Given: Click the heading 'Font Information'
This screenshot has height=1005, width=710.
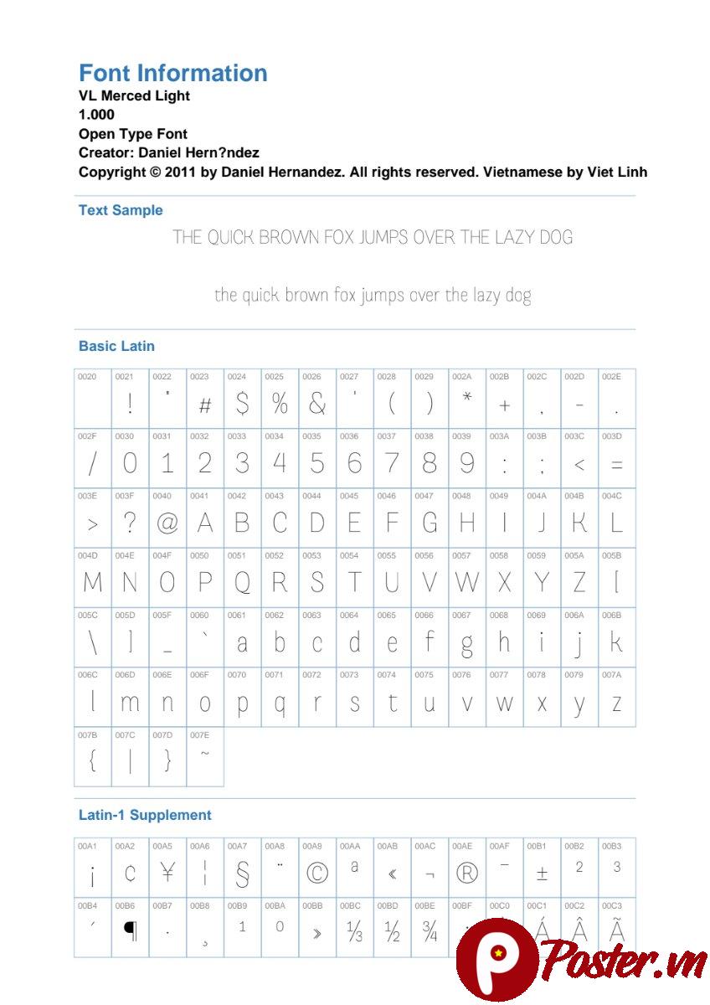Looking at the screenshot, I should click(172, 74).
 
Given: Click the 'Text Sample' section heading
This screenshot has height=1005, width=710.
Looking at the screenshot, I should click(121, 210).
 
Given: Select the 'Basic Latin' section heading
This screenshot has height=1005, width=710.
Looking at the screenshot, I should click(116, 346).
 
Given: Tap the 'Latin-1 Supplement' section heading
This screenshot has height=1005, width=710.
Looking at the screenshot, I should click(145, 815).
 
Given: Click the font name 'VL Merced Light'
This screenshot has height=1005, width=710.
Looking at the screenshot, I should click(134, 95).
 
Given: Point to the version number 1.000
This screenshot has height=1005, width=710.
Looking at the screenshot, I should click(96, 115).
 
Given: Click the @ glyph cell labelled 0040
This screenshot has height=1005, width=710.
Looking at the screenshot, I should click(167, 523).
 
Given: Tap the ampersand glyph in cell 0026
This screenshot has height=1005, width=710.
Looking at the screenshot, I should click(316, 405).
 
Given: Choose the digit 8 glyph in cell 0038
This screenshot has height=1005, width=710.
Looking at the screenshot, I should click(430, 463).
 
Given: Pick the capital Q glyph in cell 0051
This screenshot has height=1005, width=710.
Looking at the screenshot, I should click(242, 583).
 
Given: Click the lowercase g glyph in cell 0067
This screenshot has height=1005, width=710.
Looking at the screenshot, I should click(466, 644).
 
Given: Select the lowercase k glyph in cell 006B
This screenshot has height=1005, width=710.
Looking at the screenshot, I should click(616, 642).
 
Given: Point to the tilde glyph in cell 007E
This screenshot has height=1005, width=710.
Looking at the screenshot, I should click(205, 753).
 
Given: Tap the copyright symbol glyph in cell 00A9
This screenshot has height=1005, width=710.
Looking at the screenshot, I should click(317, 874).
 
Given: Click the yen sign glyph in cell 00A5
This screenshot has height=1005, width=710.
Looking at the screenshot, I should click(167, 873).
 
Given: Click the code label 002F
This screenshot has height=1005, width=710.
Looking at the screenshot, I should click(87, 436).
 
